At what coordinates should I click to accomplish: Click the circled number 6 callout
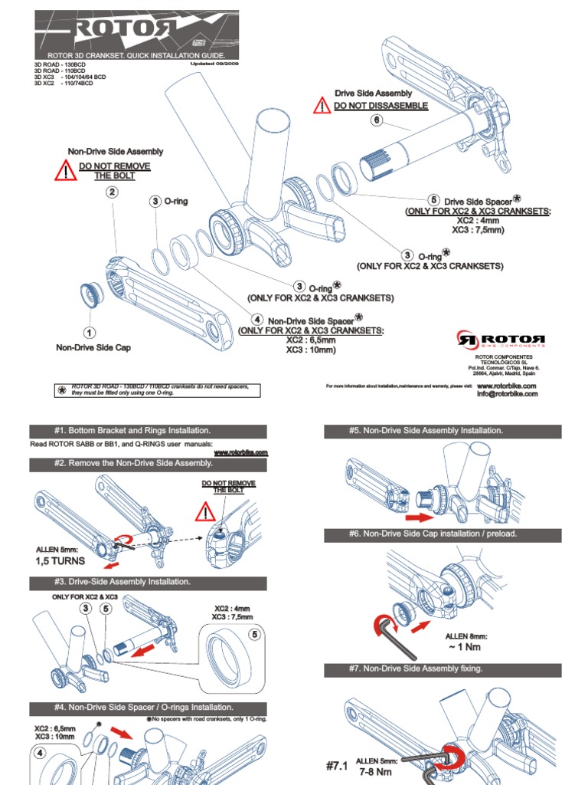[376, 120]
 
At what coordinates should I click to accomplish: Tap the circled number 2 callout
[112, 192]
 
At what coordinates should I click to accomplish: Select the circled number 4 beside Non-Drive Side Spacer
[258, 319]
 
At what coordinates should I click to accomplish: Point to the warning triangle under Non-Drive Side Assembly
[66, 171]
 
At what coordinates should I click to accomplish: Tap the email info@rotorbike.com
[507, 394]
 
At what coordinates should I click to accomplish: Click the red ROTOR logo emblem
[466, 338]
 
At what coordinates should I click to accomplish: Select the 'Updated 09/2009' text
[214, 64]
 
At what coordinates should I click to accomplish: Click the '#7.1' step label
[337, 766]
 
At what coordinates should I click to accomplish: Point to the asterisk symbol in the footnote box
[61, 389]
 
